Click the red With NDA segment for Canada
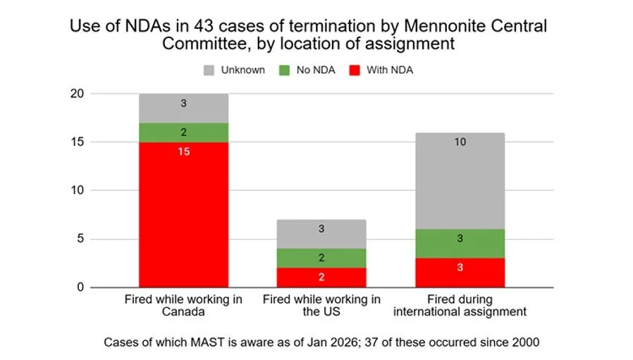[183, 215]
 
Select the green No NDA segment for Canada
[183, 132]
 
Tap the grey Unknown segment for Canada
[183, 108]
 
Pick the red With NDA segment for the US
[321, 278]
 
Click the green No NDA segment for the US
[321, 258]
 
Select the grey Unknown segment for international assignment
[460, 181]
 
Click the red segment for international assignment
[460, 273]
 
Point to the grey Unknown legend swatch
[209, 70]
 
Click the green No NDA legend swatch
[285, 70]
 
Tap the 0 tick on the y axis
[120, 287]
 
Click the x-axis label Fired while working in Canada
[183, 305]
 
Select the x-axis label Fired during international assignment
[460, 305]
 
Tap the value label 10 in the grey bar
[460, 142]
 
